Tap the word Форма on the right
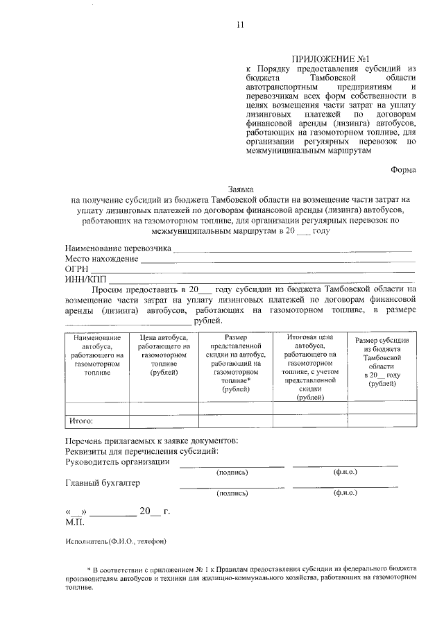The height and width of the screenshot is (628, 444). coord(403,168)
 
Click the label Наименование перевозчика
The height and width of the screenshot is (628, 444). coord(118,248)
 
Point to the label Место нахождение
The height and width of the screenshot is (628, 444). coord(101,258)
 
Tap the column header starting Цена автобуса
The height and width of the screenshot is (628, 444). coord(164,355)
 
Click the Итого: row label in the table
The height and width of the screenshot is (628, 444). coord(81,421)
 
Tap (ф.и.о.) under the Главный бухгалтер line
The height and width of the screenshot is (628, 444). coord(345,493)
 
